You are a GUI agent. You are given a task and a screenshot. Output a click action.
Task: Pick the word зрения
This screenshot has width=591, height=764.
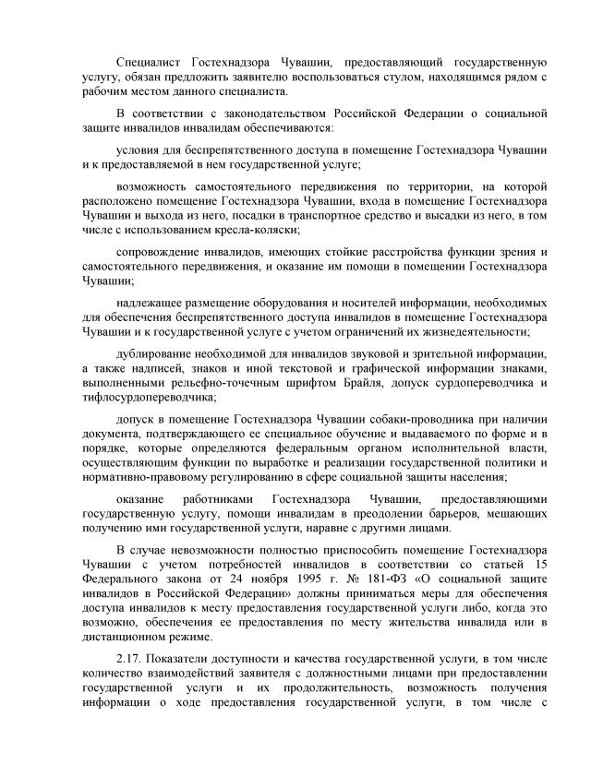pos(508,251)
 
